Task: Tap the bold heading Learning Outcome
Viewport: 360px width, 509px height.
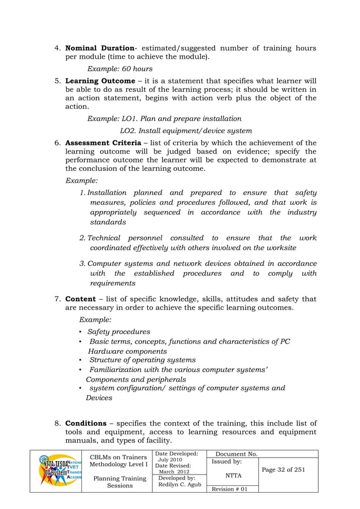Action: point(100,80)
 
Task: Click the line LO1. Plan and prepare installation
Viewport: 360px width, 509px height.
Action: point(164,119)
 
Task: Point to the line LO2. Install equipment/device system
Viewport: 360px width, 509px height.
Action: point(186,130)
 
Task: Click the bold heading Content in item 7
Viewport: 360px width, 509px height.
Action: point(81,299)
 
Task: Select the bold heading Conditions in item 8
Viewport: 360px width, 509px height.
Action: point(86,423)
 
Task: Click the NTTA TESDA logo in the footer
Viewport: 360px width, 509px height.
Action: point(56,471)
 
